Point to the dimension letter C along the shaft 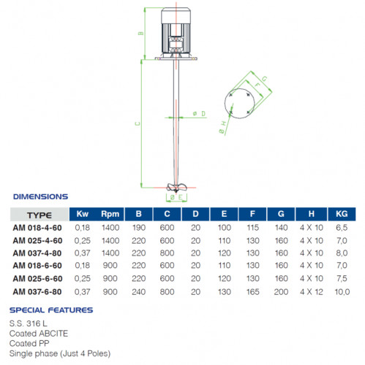138,124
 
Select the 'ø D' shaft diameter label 199,114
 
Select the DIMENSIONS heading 40,196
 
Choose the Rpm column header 110,215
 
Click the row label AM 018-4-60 38,228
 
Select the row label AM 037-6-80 38,293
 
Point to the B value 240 140,293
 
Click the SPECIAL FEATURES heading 51,310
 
